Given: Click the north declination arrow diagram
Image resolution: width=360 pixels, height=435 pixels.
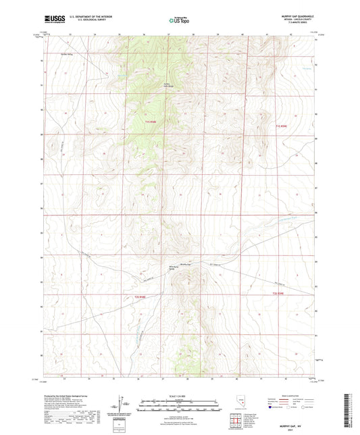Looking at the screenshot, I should coord(122,402).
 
